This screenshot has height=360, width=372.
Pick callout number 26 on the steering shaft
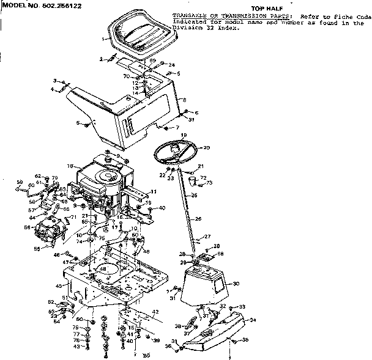click(x=198, y=218)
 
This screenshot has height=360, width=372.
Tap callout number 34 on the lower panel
click(x=253, y=320)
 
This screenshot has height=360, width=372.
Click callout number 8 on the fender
click(x=184, y=100)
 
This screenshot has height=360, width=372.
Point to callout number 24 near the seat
click(x=172, y=65)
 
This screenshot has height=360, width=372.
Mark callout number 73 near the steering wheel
click(x=209, y=183)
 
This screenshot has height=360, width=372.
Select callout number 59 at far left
click(x=18, y=182)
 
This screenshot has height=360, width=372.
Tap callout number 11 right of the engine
click(x=154, y=191)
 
